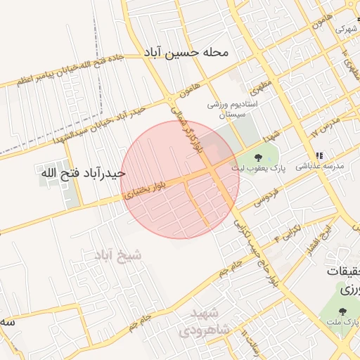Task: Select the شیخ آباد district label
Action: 117,255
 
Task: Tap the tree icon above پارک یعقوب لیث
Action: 257,157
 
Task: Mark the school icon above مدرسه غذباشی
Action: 319,155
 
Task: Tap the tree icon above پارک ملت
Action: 343,310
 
